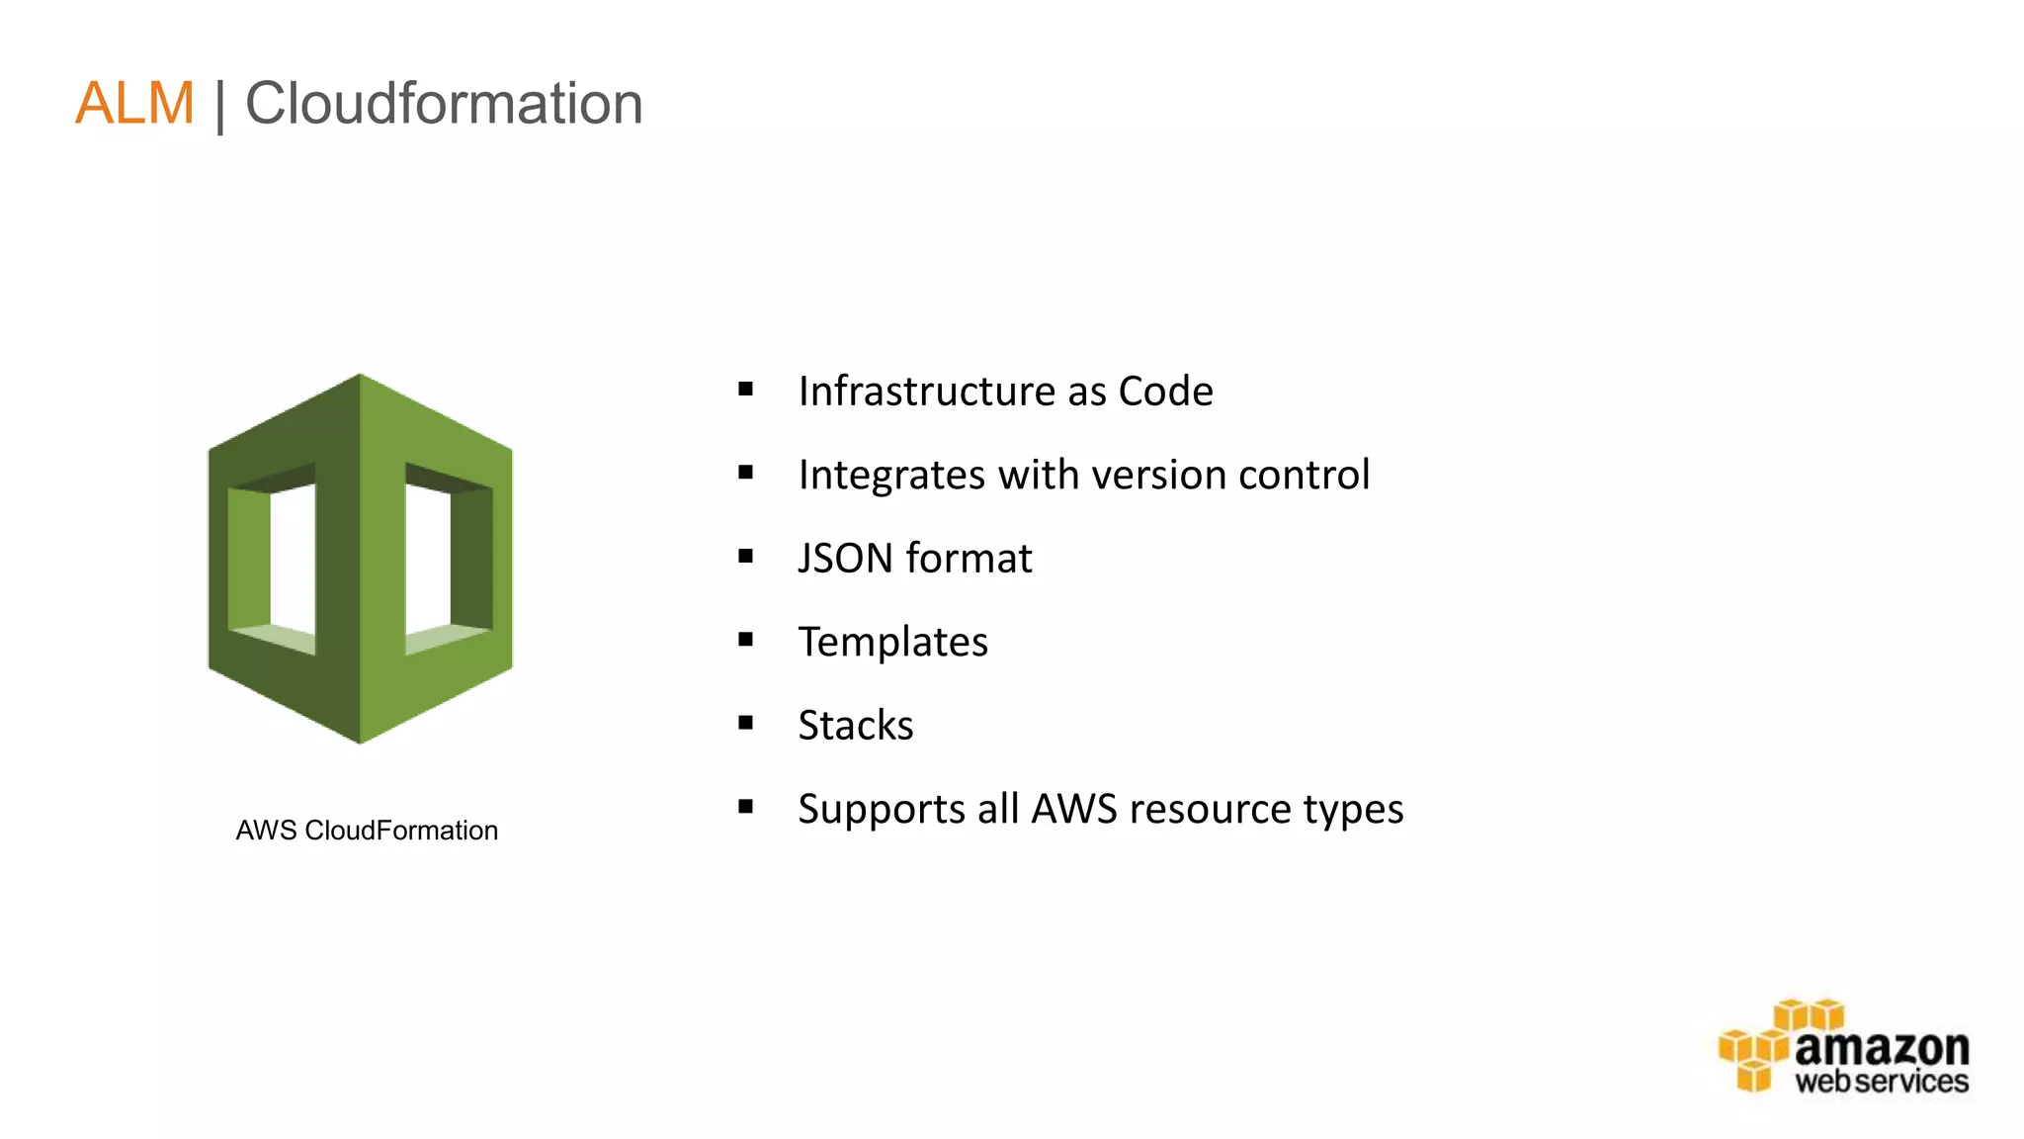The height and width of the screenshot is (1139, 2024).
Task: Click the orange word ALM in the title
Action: [134, 104]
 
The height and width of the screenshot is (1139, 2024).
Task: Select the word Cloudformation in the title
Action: [444, 104]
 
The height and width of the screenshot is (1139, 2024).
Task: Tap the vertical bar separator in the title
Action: [219, 106]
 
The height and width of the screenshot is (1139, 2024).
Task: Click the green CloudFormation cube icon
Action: [360, 559]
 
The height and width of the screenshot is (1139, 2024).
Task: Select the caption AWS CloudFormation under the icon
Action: [367, 831]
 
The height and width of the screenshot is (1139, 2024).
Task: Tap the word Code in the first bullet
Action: [1165, 392]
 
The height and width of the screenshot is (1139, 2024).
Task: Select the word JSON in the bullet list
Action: [845, 559]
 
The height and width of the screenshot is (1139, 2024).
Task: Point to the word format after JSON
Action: [969, 559]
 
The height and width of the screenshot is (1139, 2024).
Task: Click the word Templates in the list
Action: [892, 643]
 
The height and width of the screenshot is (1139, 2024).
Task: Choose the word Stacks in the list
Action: [856, 726]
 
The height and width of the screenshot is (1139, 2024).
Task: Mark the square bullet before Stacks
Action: [746, 724]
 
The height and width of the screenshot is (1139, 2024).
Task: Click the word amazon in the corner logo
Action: [1881, 1048]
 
